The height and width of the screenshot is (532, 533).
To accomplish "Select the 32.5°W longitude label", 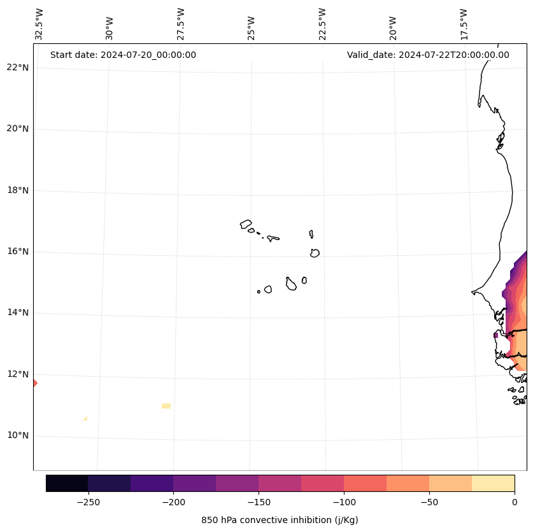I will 39,24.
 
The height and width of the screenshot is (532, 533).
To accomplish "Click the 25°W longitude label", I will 252,28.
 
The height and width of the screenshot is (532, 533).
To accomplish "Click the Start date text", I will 123,55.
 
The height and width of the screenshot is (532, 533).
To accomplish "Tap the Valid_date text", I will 428,55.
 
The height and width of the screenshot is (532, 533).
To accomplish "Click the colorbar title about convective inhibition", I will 280,520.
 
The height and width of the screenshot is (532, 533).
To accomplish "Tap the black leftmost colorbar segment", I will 67,484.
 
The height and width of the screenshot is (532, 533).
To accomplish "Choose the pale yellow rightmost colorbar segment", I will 493,484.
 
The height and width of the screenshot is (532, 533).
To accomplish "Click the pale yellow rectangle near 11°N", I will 166,405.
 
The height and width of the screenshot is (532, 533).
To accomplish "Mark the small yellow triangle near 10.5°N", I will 85,419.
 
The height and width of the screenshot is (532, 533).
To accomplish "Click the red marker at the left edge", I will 35,383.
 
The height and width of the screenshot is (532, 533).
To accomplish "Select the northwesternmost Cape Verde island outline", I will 246,224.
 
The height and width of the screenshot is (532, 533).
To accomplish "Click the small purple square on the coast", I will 496,335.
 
